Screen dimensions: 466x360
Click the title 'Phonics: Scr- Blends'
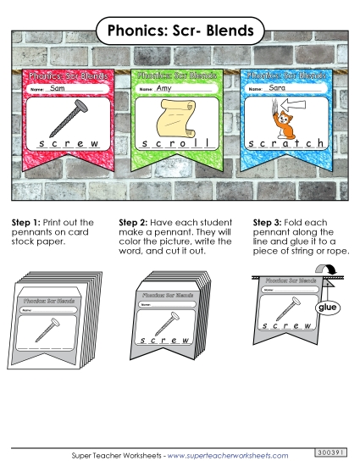point(180,31)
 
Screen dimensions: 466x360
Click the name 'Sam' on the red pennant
point(58,88)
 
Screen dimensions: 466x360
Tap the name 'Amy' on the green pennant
point(164,88)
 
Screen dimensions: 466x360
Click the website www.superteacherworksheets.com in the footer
point(228,455)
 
